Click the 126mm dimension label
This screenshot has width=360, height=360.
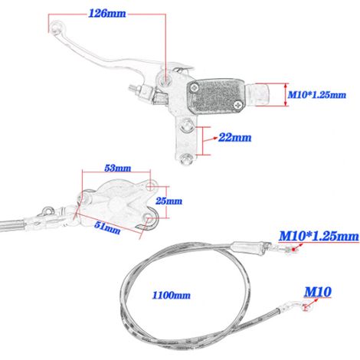(107, 14)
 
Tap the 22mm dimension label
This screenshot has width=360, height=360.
(234, 138)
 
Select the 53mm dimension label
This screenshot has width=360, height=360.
(118, 169)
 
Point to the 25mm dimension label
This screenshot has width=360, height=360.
(169, 201)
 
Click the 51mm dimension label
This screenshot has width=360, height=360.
(107, 227)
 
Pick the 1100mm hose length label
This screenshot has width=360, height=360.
(172, 296)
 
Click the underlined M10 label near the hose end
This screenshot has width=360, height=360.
(318, 292)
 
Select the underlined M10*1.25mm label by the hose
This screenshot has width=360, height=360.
(319, 236)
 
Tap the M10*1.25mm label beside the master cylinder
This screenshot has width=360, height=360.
(317, 95)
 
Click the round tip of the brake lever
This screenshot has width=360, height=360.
(56, 27)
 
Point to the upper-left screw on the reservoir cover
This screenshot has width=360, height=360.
(195, 88)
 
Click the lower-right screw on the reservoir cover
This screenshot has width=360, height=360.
(238, 104)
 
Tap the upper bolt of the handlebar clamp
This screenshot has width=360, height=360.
(187, 126)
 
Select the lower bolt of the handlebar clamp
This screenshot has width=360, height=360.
(185, 159)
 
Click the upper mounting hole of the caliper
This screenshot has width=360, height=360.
(152, 186)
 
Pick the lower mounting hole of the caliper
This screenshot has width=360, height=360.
(148, 218)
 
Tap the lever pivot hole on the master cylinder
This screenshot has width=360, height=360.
(165, 78)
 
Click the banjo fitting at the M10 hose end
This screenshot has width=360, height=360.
(305, 307)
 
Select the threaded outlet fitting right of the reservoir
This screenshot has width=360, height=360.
(257, 94)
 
